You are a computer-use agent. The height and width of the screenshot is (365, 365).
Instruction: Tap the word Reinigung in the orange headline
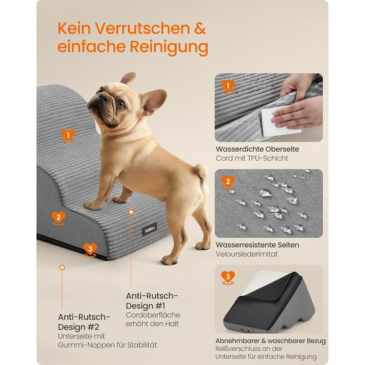169,47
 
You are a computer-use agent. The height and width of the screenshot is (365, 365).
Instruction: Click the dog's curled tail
201,172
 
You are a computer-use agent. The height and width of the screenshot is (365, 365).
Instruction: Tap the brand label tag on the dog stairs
149,229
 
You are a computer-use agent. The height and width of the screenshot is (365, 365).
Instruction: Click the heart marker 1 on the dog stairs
68,136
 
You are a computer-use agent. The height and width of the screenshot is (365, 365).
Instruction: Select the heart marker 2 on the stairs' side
58,218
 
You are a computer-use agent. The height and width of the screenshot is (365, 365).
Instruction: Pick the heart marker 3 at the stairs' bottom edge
90,250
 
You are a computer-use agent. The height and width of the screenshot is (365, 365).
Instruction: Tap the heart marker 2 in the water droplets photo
228,182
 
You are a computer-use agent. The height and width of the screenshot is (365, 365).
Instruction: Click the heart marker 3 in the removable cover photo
228,277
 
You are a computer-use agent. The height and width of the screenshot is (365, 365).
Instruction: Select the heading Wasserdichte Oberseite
257,149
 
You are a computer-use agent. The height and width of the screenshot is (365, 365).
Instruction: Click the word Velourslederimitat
247,254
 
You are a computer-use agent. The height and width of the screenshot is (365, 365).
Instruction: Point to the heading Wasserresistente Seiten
257,245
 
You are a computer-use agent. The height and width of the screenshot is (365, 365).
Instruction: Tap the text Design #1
145,306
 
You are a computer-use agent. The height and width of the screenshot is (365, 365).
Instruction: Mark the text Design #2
78,327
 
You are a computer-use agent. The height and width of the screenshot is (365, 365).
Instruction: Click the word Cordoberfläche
153,315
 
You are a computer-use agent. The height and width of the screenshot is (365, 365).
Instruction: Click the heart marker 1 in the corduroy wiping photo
228,87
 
